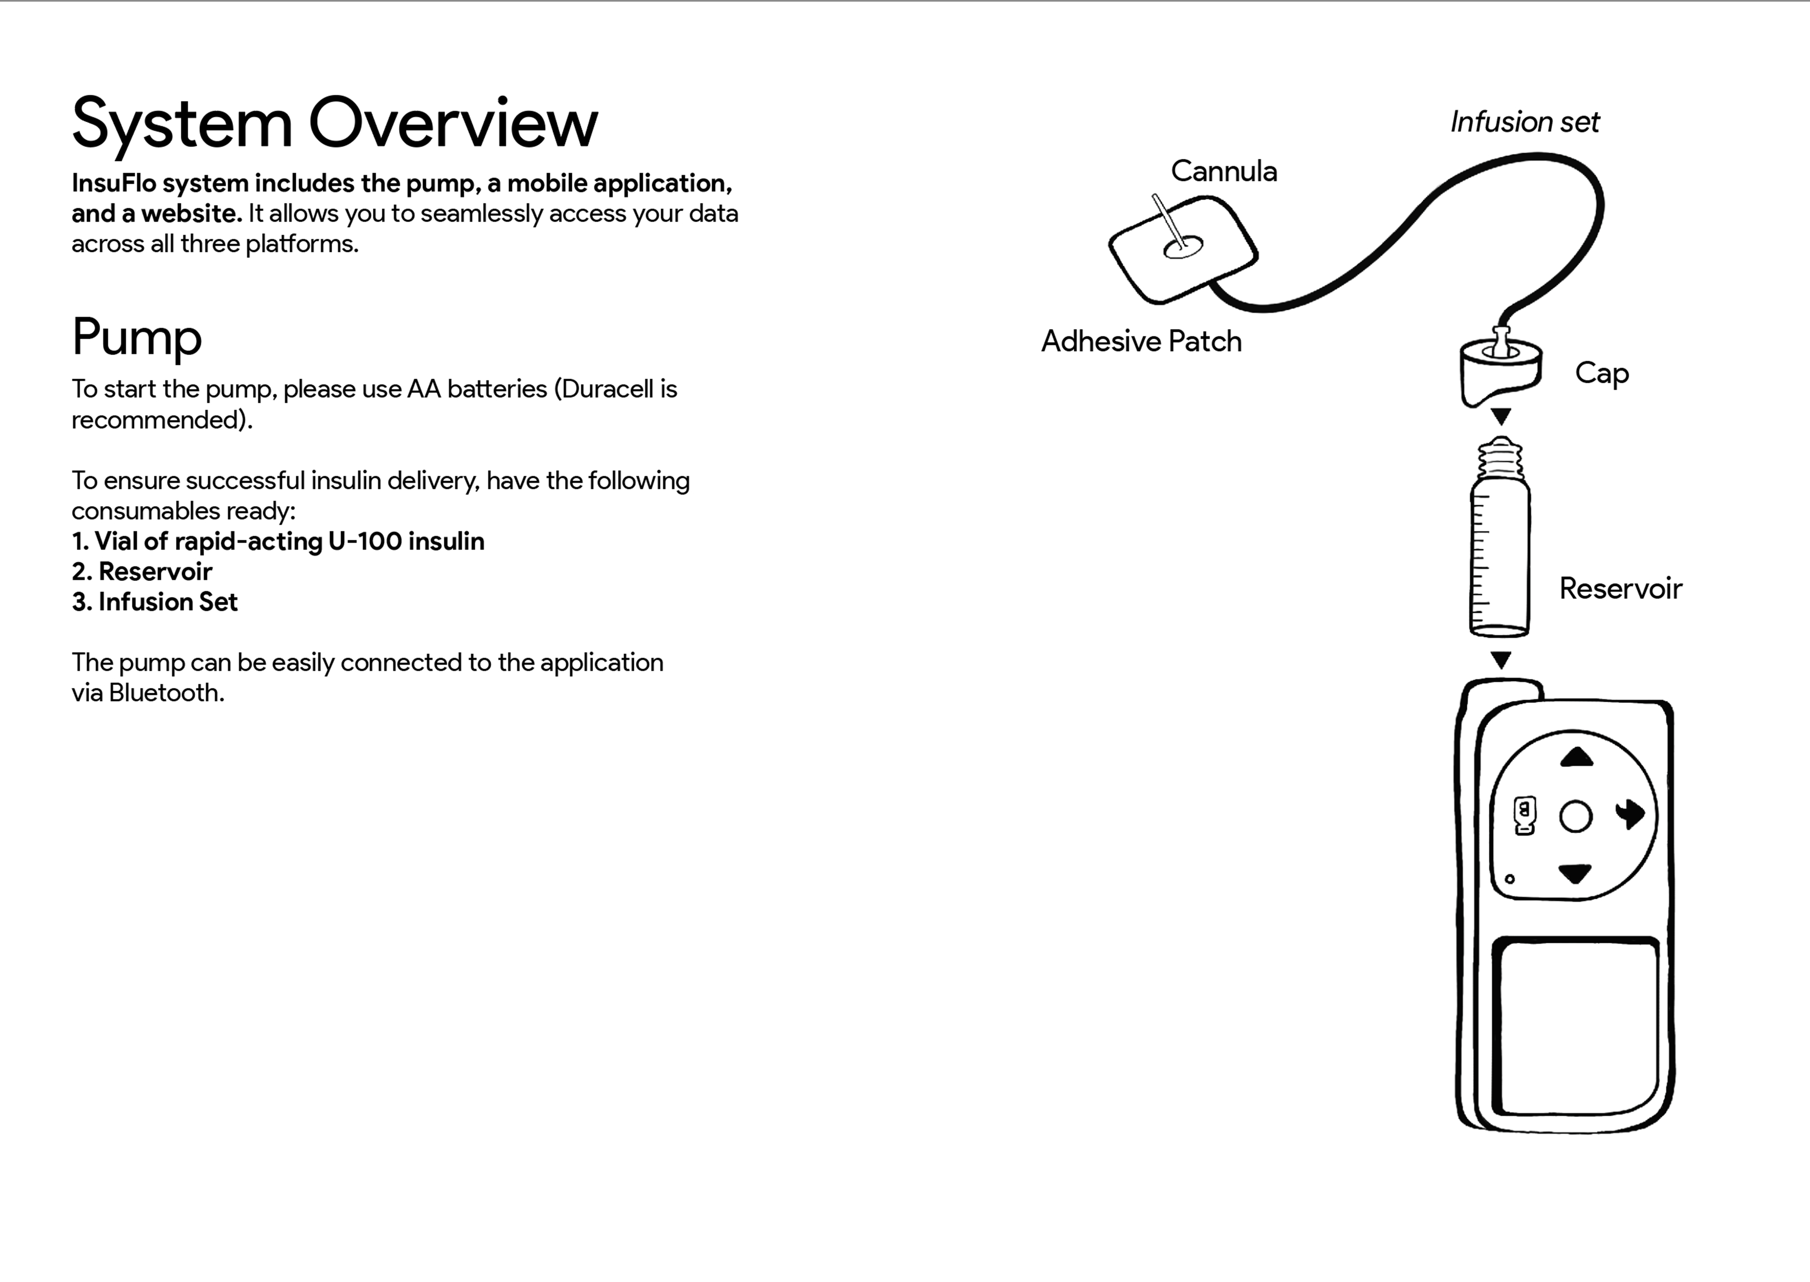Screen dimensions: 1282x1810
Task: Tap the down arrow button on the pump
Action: click(1575, 873)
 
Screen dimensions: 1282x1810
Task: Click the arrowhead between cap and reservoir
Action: click(1501, 416)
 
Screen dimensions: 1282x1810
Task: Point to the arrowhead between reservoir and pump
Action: click(1501, 659)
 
